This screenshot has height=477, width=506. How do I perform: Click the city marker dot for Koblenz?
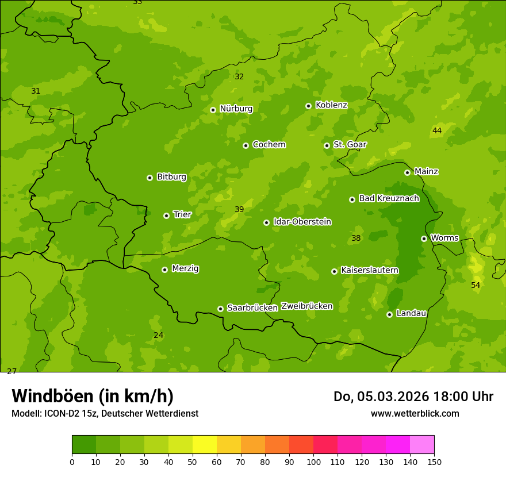tap(308, 106)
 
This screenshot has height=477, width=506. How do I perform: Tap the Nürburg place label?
tap(236, 109)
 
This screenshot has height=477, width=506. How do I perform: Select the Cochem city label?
tap(269, 145)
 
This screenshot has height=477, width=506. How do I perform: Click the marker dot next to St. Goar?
tap(327, 145)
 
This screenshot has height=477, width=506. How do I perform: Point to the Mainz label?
tap(426, 172)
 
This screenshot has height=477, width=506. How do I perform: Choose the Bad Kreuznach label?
tap(389, 199)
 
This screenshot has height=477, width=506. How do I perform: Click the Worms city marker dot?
tap(424, 238)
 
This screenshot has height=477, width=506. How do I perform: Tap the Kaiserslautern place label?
tap(370, 270)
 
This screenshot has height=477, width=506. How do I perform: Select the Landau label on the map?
tap(411, 314)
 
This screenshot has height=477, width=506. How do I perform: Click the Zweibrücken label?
tap(306, 306)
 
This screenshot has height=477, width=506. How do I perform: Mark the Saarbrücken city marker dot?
tap(220, 309)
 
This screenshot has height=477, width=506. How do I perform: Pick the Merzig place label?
tap(185, 269)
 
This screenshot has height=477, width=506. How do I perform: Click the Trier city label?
tap(182, 215)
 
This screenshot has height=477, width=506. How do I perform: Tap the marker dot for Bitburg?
tap(149, 178)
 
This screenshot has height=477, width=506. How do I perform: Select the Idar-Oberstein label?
tap(302, 222)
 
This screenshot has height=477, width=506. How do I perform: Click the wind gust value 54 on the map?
tap(476, 286)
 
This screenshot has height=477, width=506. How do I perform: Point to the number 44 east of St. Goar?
tap(437, 131)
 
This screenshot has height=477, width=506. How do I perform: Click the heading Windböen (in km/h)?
tap(93, 397)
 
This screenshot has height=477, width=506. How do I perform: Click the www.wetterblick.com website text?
tap(415, 413)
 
